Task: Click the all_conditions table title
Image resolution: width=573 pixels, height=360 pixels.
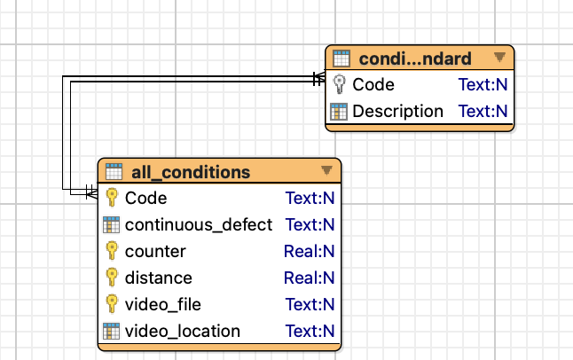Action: point(191,172)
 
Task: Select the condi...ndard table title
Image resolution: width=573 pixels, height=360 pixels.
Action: point(415,59)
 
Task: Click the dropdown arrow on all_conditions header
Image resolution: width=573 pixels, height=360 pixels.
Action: point(326,170)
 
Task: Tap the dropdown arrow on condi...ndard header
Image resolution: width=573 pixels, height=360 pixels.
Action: point(499,57)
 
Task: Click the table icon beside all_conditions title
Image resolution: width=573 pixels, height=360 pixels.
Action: point(114,171)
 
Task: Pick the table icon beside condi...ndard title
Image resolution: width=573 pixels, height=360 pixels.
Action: point(341,59)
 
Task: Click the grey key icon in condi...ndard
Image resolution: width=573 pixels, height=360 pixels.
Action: point(340,84)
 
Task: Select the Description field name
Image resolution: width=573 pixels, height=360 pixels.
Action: point(397,111)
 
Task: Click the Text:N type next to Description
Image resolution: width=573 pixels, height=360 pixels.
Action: point(483,111)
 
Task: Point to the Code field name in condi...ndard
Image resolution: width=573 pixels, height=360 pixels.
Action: point(373,85)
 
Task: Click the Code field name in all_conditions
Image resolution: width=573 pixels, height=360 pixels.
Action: point(145,199)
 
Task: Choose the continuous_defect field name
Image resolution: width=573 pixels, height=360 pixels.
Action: point(199,224)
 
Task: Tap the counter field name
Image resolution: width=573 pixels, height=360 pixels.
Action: point(155,252)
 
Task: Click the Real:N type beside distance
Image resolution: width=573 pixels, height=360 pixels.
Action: point(310,278)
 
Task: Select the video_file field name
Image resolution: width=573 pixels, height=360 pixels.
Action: point(163,304)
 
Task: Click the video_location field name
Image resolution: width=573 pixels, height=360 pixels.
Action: point(183,331)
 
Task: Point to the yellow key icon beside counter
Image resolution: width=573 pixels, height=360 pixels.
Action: point(112,251)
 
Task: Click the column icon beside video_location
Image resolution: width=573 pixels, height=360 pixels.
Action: point(111,331)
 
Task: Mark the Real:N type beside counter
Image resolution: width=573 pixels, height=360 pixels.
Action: point(310,252)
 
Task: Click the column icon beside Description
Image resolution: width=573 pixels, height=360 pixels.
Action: point(339,112)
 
